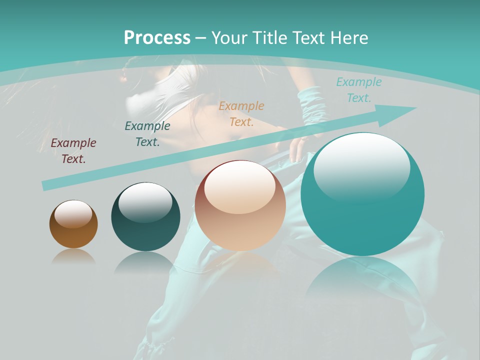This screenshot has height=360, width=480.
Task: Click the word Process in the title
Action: (157, 38)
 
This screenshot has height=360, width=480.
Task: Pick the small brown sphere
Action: (73, 224)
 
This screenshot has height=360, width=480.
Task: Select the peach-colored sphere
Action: (240, 205)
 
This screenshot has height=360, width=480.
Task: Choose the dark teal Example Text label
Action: (147, 134)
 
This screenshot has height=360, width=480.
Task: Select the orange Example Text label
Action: (241, 114)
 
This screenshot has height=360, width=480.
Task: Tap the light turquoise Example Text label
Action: (359, 90)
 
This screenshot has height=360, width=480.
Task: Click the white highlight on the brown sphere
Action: (73, 214)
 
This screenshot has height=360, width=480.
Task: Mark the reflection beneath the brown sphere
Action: (73, 256)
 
